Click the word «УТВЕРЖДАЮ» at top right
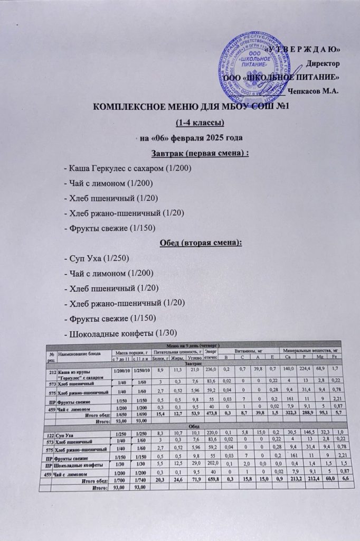point(306,50)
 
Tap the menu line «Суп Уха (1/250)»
point(96,258)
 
